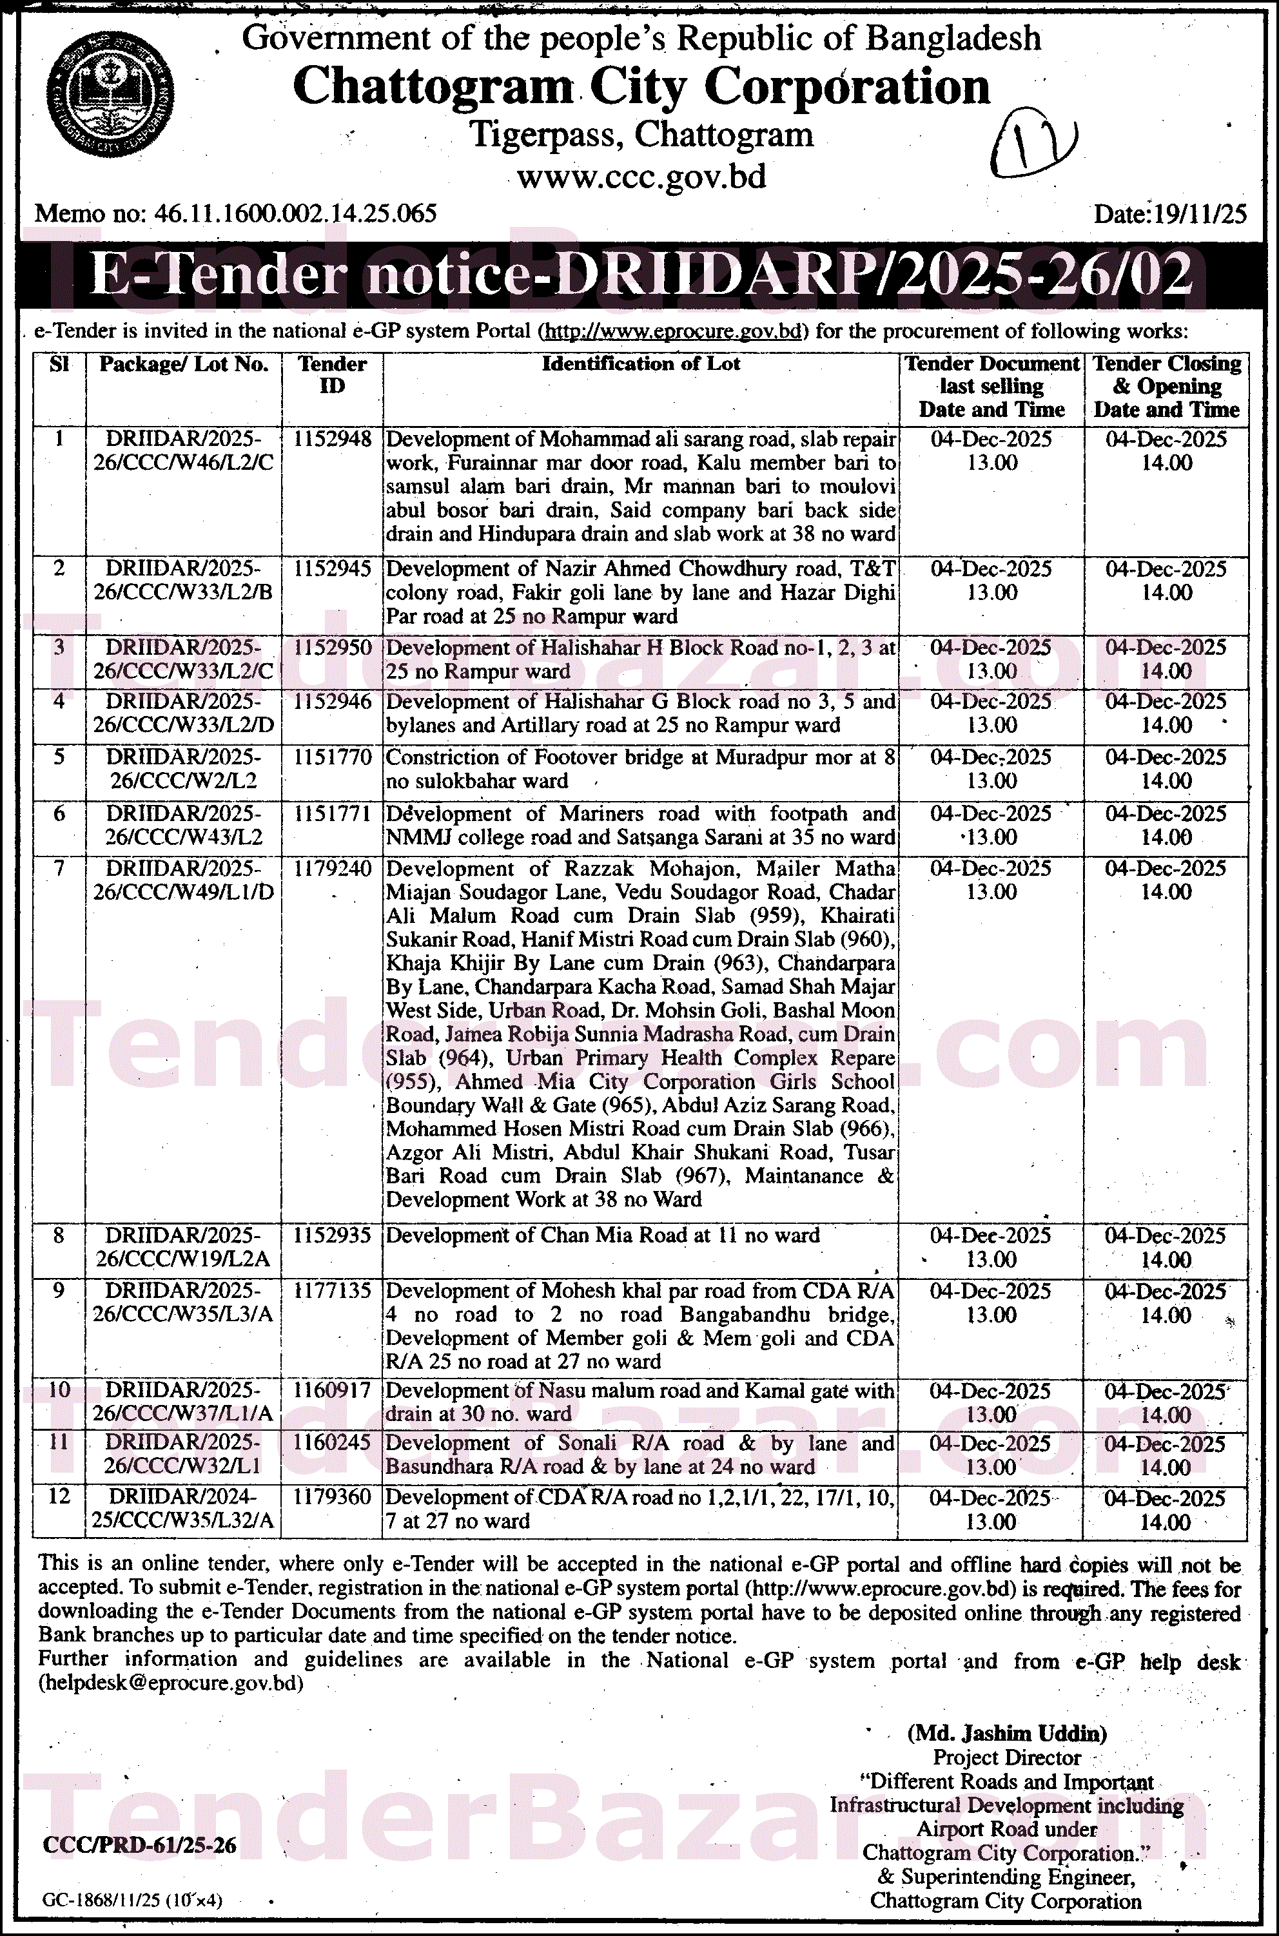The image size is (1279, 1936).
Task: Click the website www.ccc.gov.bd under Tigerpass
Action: click(x=641, y=175)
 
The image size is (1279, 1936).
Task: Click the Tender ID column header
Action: click(x=332, y=374)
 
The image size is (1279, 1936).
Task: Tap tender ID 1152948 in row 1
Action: click(x=332, y=440)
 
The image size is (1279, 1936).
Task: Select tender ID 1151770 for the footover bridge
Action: click(x=332, y=758)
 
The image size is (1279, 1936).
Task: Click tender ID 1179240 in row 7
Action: click(x=332, y=869)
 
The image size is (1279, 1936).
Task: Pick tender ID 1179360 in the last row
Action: click(x=332, y=1497)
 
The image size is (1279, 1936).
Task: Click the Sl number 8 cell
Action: click(x=59, y=1235)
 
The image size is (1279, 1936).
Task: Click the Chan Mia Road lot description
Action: click(x=603, y=1235)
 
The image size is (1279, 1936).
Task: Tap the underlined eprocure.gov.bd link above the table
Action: click(x=673, y=331)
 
